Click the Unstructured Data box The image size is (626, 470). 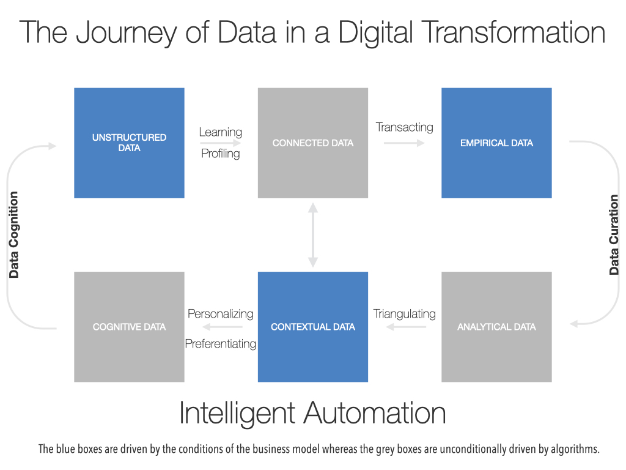pyautogui.click(x=129, y=143)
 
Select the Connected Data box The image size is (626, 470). pyautogui.click(x=312, y=143)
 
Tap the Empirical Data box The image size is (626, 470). pyautogui.click(x=496, y=143)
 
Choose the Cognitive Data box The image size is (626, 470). pyautogui.click(x=129, y=327)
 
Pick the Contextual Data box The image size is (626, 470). pyautogui.click(x=312, y=327)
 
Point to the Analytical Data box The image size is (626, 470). pyautogui.click(x=496, y=327)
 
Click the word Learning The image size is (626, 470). pyautogui.click(x=220, y=132)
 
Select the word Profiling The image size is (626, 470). pyautogui.click(x=220, y=154)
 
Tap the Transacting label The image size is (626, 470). pyautogui.click(x=405, y=127)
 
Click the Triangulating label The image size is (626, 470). pyautogui.click(x=405, y=314)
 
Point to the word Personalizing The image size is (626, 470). pyautogui.click(x=220, y=314)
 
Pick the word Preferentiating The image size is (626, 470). pyautogui.click(x=220, y=344)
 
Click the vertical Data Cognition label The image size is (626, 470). pyautogui.click(x=14, y=234)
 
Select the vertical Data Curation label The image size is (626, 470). pyautogui.click(x=614, y=234)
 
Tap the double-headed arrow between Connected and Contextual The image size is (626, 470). pyautogui.click(x=313, y=235)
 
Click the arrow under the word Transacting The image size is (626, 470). pyautogui.click(x=404, y=143)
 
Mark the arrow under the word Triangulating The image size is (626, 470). pyautogui.click(x=406, y=327)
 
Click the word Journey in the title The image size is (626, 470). pyautogui.click(x=126, y=33)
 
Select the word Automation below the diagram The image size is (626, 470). pyautogui.click(x=375, y=413)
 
